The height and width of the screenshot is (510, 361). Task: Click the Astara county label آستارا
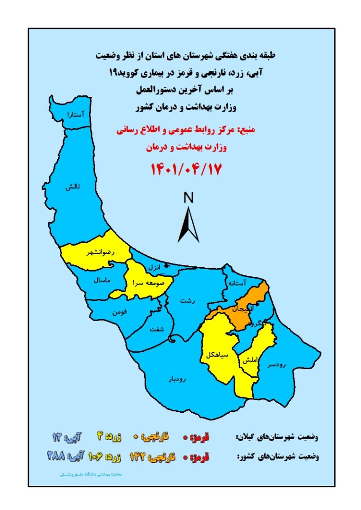coord(76,115)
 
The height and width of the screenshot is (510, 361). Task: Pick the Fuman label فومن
coord(120,312)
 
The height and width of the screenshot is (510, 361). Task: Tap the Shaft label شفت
coord(158,329)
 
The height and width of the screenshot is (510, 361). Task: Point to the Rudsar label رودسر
coord(277,364)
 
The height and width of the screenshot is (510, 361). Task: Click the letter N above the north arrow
coord(189,199)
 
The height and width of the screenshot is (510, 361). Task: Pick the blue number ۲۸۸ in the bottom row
coord(56,456)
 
